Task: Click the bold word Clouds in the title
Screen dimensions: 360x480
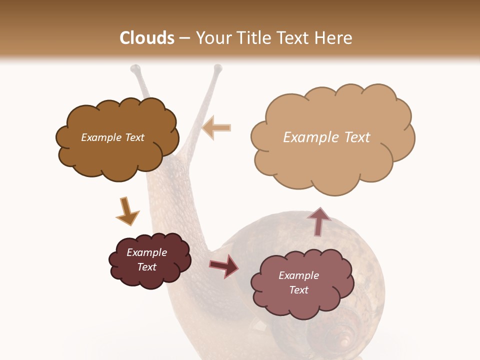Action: click(147, 38)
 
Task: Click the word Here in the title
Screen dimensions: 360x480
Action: click(334, 38)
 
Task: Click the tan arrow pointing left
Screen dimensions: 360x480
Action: click(216, 127)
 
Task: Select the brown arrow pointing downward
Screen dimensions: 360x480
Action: click(127, 211)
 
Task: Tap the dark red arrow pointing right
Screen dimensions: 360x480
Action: click(223, 265)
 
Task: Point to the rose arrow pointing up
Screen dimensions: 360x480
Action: click(318, 221)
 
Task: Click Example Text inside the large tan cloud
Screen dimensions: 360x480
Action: click(326, 137)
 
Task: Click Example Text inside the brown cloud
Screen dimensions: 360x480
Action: click(112, 137)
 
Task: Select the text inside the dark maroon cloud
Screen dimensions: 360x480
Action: click(147, 259)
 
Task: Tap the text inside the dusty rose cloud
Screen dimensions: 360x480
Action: click(298, 282)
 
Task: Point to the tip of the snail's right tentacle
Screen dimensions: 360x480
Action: click(217, 68)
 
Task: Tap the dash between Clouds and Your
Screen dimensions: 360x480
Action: click(184, 38)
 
